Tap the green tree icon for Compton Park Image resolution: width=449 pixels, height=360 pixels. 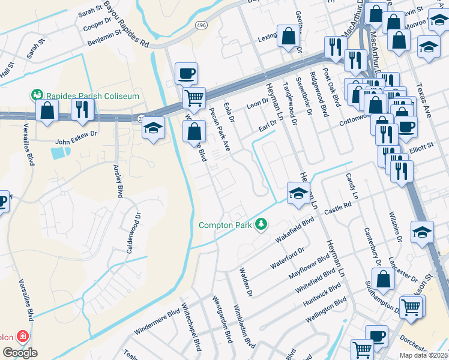coord(261,225)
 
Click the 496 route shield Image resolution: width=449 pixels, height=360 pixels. coord(201,25)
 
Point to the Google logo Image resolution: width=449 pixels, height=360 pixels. coord(20,353)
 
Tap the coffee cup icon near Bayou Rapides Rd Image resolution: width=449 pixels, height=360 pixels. coord(186,73)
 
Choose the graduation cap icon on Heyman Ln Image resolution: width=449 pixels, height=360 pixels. coord(298,193)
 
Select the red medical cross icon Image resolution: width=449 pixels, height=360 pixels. coord(23,336)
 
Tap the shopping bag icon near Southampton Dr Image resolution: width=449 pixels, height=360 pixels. coord(382,278)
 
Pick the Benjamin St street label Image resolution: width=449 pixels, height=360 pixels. coord(104,38)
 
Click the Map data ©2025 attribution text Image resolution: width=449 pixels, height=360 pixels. coord(423,355)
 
